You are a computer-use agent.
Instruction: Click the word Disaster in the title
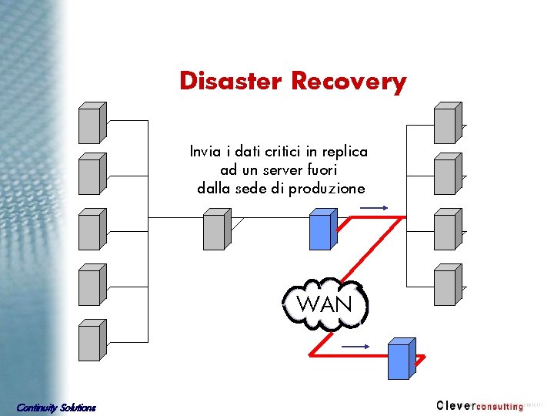[232, 81]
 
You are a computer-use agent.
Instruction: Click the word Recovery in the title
[349, 82]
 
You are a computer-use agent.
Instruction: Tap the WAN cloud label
[324, 304]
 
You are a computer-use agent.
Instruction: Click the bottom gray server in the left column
[92, 341]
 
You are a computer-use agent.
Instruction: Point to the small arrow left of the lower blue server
[355, 347]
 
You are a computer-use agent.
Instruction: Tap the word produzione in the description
[327, 189]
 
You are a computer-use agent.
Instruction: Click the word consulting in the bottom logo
[499, 406]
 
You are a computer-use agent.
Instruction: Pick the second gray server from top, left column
[92, 173]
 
